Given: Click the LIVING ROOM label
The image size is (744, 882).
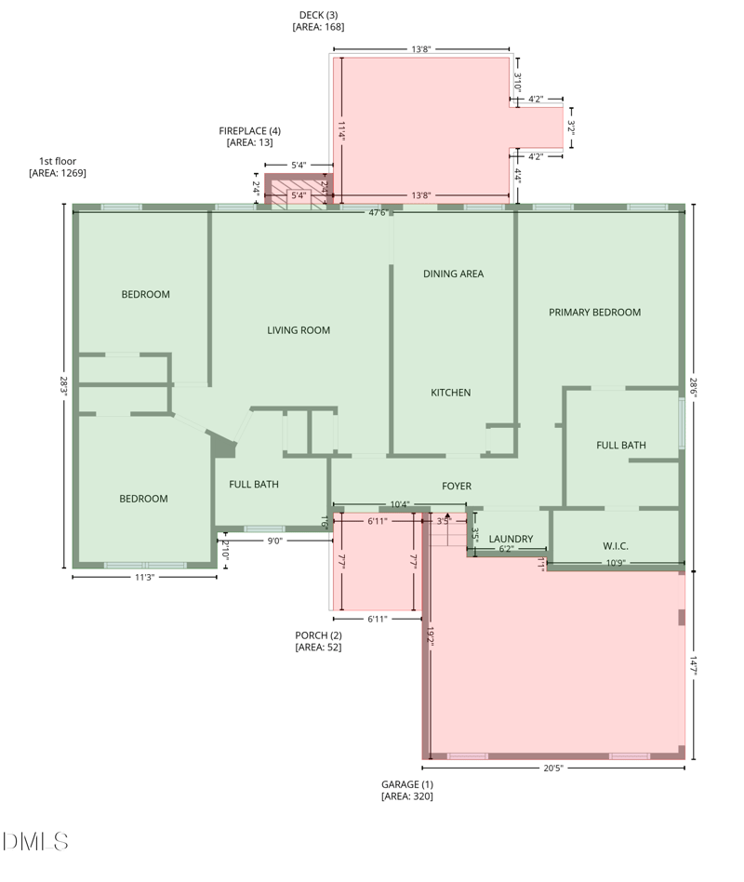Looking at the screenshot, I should (x=299, y=330).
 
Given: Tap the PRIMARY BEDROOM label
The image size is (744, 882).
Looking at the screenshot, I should (x=594, y=313).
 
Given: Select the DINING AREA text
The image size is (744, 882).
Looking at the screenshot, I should (x=453, y=274).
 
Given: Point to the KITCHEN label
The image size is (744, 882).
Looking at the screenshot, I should (x=450, y=393).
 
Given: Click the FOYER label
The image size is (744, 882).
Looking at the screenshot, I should (x=456, y=486).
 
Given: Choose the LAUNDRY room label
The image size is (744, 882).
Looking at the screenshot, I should (x=511, y=539).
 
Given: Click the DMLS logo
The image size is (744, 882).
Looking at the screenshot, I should (x=35, y=842).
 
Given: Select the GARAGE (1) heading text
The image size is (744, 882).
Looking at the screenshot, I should (x=406, y=784).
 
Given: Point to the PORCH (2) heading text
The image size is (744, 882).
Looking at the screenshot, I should (x=318, y=635).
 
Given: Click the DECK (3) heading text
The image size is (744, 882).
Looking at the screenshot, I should (x=318, y=15).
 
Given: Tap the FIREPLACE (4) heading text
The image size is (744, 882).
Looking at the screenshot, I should (x=249, y=131).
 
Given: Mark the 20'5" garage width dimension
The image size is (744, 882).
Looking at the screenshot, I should (x=552, y=768).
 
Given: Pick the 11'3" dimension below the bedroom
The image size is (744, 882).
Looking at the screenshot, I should (x=144, y=577).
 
